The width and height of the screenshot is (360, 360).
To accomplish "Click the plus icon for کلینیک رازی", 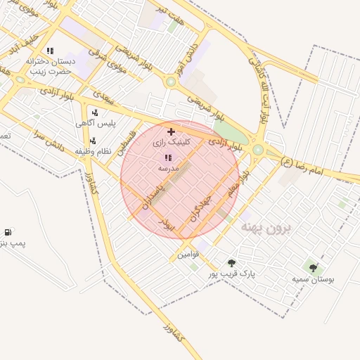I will [x=171, y=131].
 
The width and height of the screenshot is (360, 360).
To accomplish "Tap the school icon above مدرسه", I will [x=167, y=158].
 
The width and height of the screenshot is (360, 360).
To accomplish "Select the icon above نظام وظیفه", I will [x=93, y=140].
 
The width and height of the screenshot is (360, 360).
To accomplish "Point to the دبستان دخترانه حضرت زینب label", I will [x=51, y=65].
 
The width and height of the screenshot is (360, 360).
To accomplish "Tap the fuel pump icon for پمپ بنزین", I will [x=8, y=231].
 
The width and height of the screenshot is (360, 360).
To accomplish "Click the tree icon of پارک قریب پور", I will [x=231, y=263].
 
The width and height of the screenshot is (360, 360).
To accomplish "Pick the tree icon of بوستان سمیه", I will [x=313, y=267].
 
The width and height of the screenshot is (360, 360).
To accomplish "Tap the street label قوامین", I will [x=188, y=253].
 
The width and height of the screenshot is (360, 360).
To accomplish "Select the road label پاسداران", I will [x=151, y=197].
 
